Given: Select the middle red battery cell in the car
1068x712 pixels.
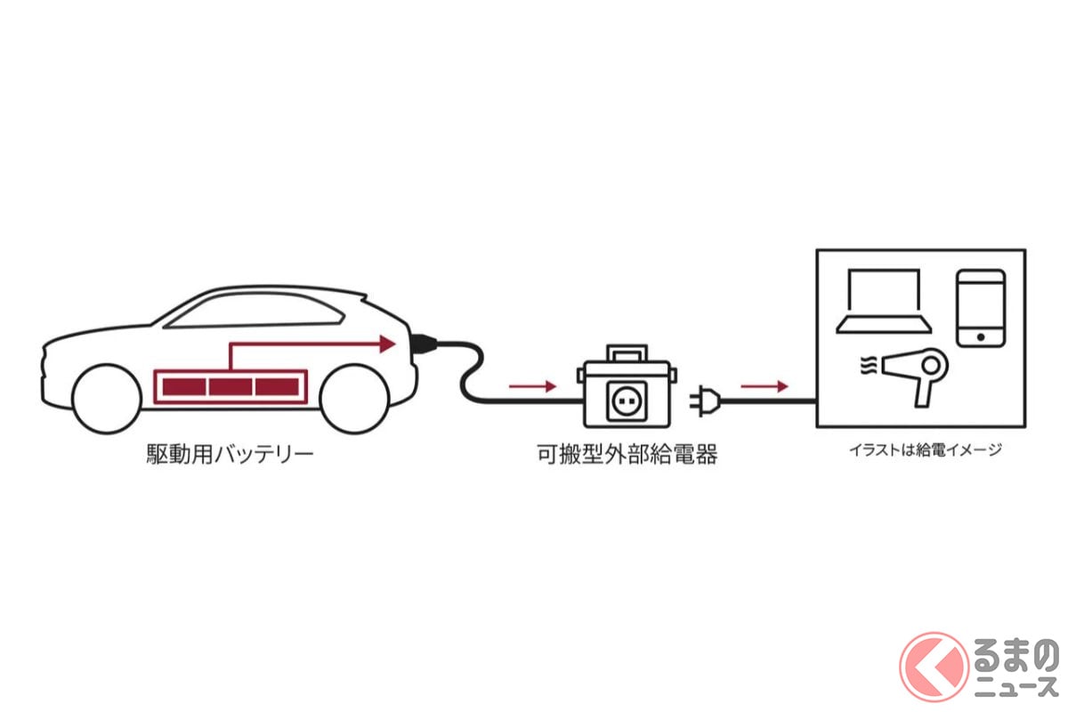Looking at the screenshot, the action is [231, 387].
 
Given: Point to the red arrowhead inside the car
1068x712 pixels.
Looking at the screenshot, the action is [388, 344].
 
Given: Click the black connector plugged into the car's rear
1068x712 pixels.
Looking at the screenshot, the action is [424, 344].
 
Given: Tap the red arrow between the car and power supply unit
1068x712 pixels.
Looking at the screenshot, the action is [532, 386].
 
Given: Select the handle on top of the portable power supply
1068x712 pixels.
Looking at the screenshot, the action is [627, 354].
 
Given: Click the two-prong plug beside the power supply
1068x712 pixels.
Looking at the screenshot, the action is [705, 401].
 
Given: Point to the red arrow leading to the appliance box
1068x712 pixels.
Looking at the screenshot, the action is [765, 386].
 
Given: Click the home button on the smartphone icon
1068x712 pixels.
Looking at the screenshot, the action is [981, 337].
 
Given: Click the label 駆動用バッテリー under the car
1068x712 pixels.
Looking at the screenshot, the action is [230, 455].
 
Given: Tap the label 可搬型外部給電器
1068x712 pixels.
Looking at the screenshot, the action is [627, 455].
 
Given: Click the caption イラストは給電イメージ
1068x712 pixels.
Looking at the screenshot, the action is [926, 449].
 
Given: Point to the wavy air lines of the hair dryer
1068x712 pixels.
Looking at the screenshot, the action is [869, 367].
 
